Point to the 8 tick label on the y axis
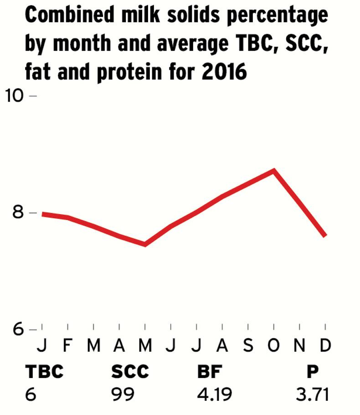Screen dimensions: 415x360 coord(17,213)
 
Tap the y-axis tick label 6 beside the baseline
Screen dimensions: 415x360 coord(17,329)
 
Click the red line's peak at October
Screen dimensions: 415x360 coord(273,171)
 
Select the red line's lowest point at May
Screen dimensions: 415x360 coord(145,244)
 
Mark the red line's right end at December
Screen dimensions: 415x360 coord(325,235)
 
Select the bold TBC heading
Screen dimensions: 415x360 coord(44,372)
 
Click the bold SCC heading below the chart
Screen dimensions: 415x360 coord(130,372)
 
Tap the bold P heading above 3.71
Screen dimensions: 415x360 coord(313,372)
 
